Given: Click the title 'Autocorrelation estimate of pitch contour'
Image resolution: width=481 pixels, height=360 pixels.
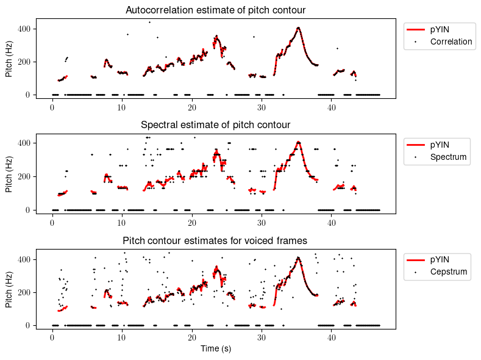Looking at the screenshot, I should (215, 10).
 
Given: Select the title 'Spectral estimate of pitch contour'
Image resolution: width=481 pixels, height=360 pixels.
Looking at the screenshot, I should (215, 125).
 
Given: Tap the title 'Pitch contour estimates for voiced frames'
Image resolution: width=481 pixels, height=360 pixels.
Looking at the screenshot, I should (215, 240).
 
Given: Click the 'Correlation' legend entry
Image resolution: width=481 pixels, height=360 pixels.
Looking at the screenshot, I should (451, 41).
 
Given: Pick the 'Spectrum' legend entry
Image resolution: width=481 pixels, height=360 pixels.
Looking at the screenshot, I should (448, 157).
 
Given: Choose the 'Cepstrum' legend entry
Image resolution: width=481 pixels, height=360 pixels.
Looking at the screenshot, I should (449, 272).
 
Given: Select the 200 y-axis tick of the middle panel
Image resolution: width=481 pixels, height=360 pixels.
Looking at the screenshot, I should (25, 177).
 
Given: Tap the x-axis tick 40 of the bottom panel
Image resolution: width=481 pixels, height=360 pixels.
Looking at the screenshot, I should (331, 337).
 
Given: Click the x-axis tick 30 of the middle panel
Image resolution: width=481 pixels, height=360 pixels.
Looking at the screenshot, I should (262, 221).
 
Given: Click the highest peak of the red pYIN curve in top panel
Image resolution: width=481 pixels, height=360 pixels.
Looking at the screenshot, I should (298, 28).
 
